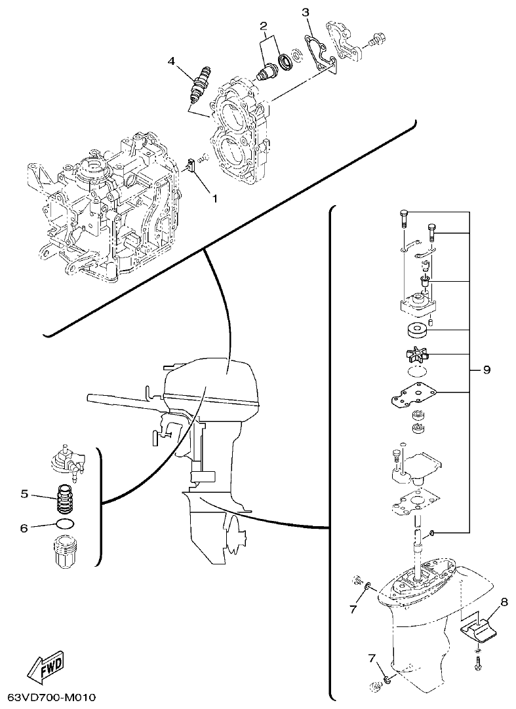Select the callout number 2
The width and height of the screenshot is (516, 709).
[x=264, y=26]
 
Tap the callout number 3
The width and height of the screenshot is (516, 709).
[x=306, y=12]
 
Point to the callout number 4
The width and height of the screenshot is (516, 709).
[x=172, y=61]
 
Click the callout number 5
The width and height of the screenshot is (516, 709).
[x=24, y=494]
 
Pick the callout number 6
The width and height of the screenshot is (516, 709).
[x=24, y=527]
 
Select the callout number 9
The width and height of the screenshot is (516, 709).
[x=486, y=370]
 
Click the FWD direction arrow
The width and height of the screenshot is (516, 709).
[x=46, y=664]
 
